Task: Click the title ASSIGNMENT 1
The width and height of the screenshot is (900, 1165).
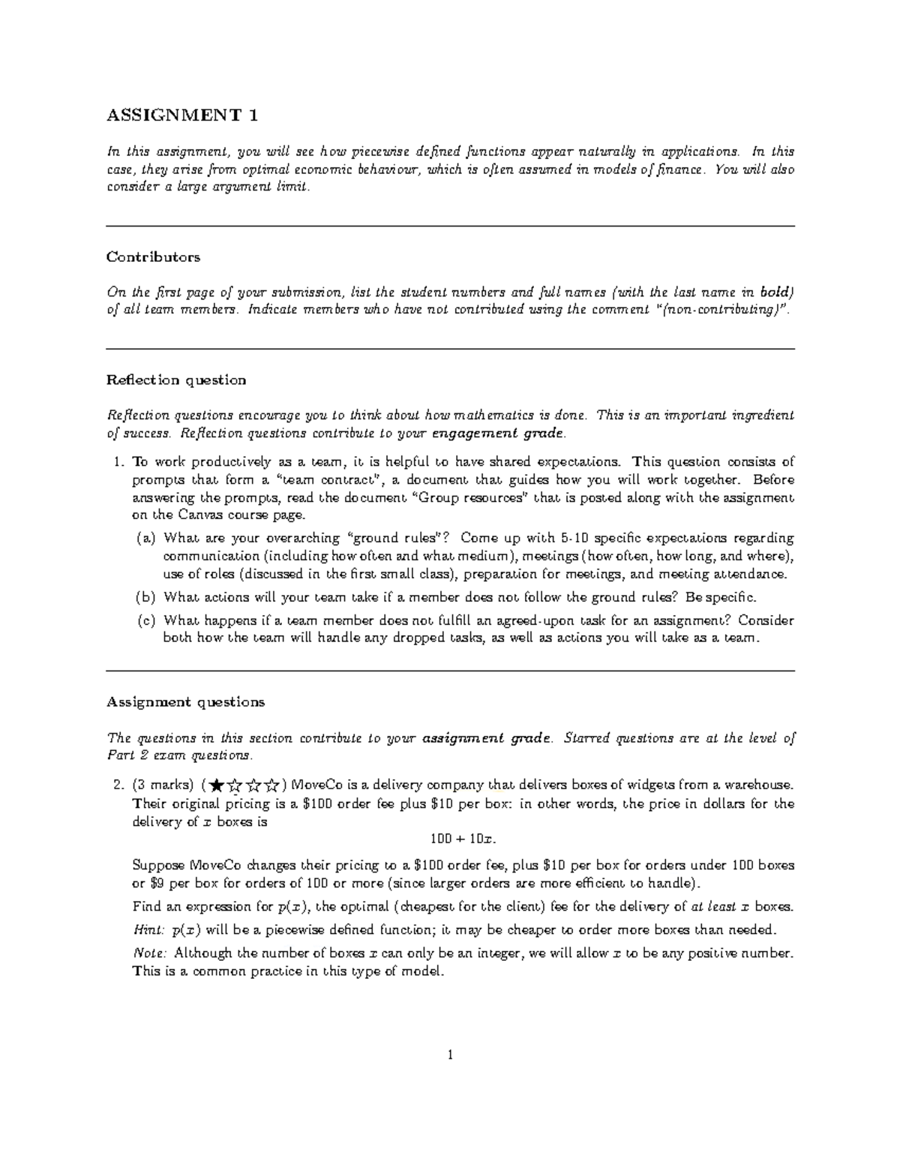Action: pyautogui.click(x=181, y=116)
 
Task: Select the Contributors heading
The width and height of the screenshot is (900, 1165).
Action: pyautogui.click(x=153, y=257)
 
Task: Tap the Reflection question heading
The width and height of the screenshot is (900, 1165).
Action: pyautogui.click(x=176, y=380)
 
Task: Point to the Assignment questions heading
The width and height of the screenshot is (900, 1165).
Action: pyautogui.click(x=185, y=703)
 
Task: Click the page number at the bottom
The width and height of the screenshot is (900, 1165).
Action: pyautogui.click(x=450, y=1055)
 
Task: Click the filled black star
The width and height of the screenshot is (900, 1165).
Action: pyautogui.click(x=217, y=785)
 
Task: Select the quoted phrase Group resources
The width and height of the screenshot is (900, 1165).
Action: pyautogui.click(x=469, y=498)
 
